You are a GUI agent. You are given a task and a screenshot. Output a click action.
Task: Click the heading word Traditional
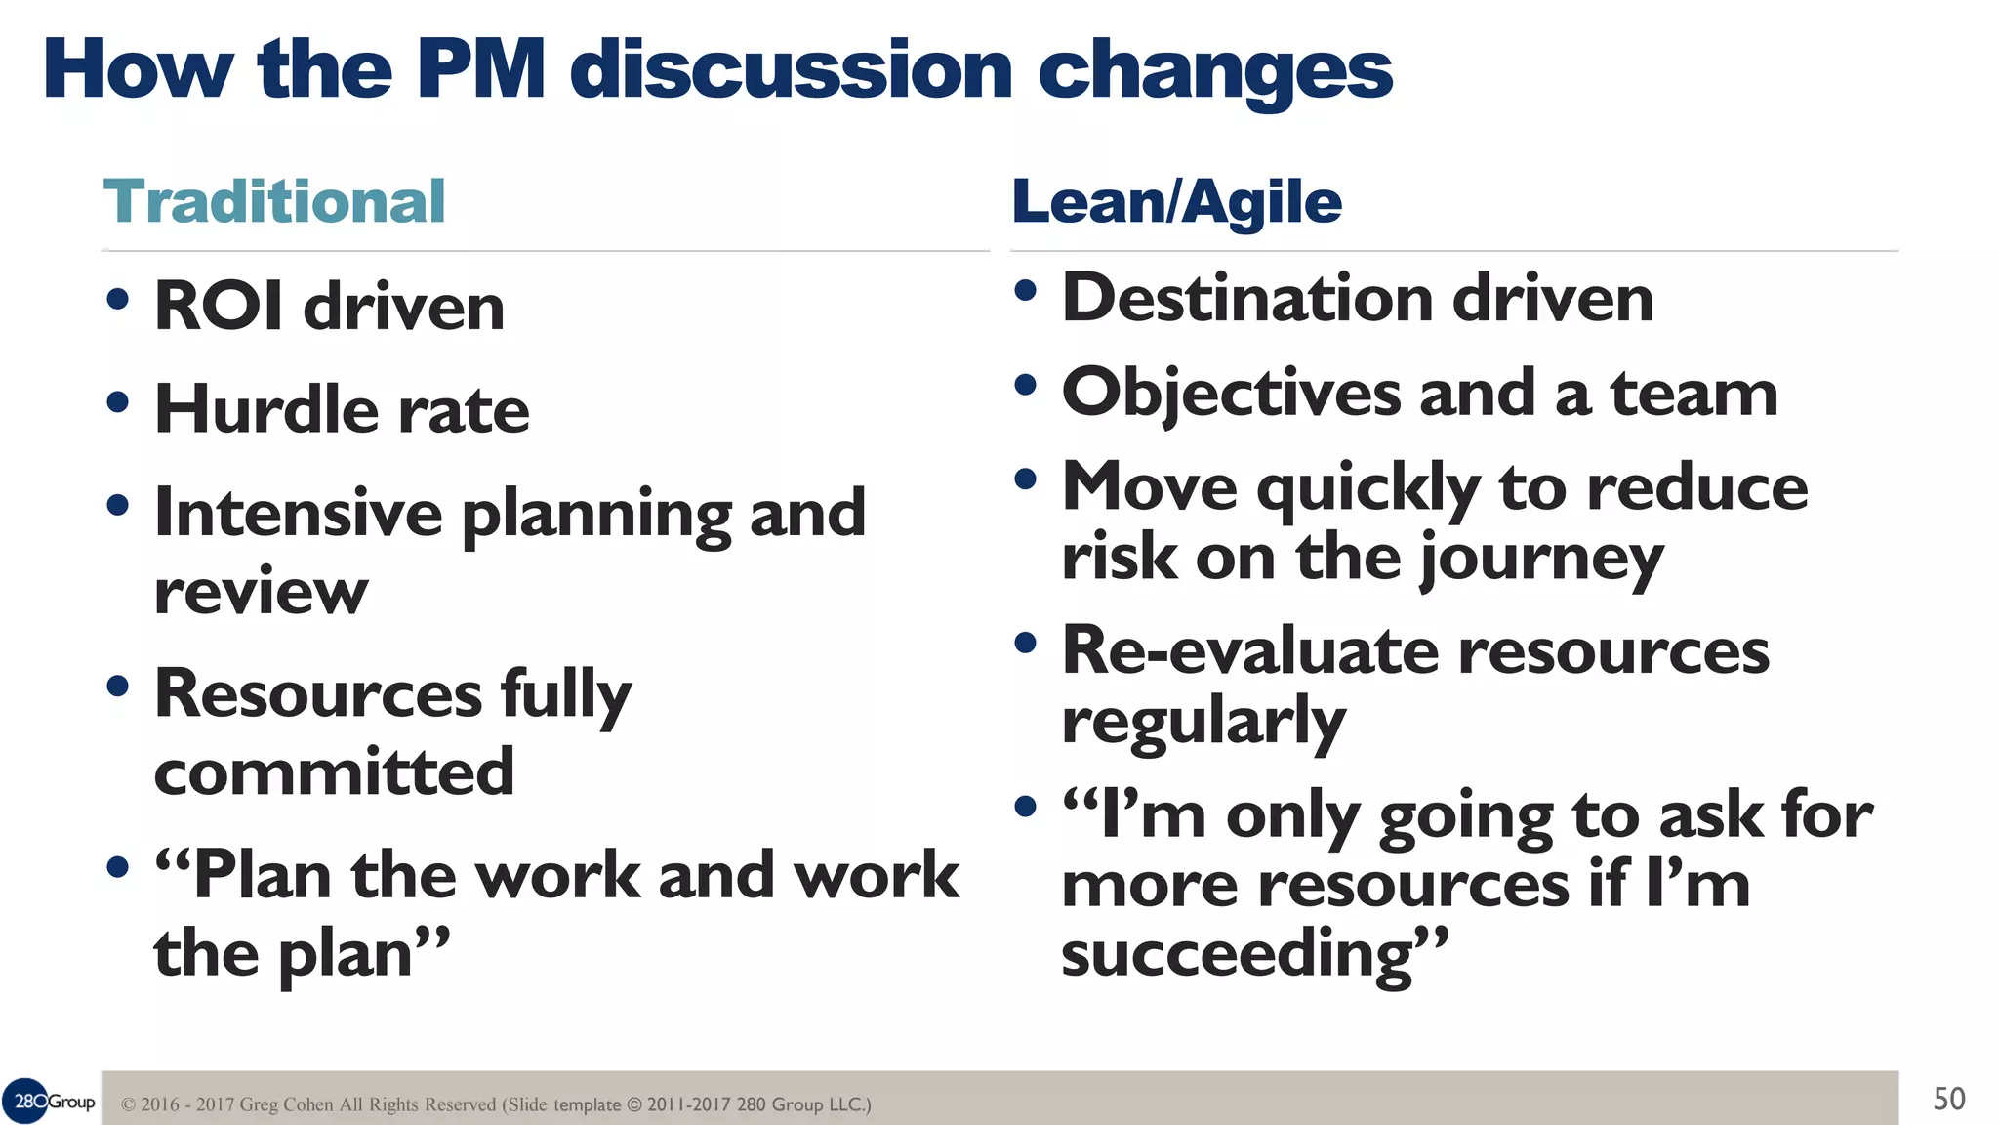tap(274, 202)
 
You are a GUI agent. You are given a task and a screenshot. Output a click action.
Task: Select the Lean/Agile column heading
tap(1176, 202)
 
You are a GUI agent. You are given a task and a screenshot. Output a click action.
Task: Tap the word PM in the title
tap(479, 70)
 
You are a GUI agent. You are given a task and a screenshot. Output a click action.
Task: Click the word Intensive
tap(298, 513)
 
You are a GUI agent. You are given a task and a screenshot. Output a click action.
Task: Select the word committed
tap(334, 771)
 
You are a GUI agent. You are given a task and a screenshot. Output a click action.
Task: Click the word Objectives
tap(1231, 394)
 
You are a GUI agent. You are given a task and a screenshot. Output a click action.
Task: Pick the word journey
tap(1541, 559)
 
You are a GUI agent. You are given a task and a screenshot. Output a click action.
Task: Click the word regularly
tap(1203, 723)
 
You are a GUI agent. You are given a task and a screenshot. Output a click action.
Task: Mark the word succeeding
tap(1238, 954)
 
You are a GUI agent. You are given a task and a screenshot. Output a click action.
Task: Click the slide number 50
tap(1948, 1100)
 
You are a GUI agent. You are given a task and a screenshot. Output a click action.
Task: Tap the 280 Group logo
tap(49, 1102)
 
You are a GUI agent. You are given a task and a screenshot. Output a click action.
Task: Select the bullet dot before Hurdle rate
tap(118, 402)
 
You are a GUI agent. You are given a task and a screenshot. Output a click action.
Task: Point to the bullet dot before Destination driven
tap(1025, 291)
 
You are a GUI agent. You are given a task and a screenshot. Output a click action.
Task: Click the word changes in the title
tap(1214, 70)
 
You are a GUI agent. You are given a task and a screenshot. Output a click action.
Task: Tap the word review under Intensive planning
tap(261, 592)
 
